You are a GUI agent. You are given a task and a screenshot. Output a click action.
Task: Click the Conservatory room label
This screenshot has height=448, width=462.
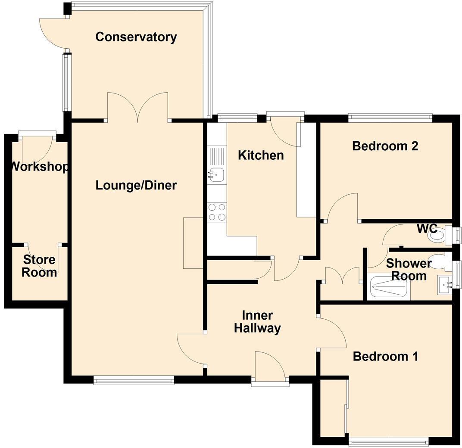point(136,37)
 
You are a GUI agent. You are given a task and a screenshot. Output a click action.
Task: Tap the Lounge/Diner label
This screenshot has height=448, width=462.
point(136,185)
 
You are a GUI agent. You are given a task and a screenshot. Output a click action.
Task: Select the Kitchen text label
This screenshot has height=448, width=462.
point(261,155)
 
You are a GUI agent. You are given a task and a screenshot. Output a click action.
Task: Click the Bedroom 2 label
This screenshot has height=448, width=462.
point(385,146)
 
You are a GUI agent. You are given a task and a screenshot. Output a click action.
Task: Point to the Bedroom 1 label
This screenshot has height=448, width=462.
point(385,356)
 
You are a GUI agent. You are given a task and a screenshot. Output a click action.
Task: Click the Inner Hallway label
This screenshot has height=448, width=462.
point(257,322)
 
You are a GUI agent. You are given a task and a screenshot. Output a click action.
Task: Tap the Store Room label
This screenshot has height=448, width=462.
point(39,266)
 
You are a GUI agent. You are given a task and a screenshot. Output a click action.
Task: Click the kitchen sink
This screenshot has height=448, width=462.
point(216,174)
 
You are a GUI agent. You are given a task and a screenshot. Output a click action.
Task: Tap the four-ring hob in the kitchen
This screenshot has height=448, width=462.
point(217,212)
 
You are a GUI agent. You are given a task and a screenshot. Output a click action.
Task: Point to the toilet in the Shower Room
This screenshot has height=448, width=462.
point(440,261)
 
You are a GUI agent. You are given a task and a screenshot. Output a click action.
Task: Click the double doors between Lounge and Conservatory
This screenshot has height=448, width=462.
point(137,108)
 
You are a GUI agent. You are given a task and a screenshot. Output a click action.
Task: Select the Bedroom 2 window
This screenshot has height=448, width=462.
point(390,115)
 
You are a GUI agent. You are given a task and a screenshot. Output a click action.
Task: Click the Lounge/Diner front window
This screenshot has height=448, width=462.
point(134,380)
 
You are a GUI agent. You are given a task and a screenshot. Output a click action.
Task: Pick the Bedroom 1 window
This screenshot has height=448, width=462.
point(388,441)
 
